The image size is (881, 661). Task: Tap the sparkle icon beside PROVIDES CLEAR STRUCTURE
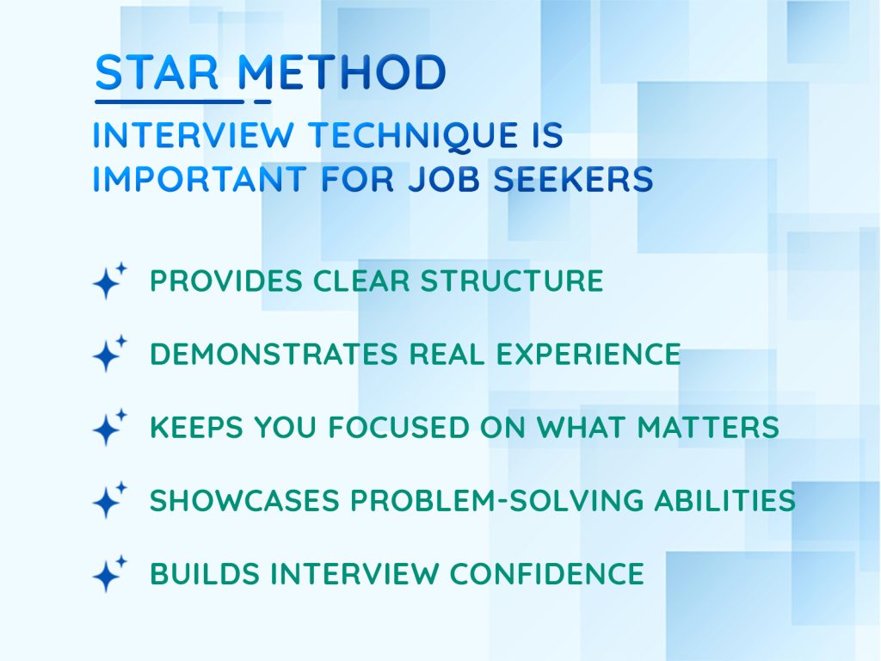[x=108, y=281]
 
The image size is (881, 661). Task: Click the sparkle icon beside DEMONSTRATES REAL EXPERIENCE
[x=108, y=354]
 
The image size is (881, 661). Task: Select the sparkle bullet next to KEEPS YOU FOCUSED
[x=108, y=427]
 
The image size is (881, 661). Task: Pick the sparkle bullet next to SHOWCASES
[x=108, y=500]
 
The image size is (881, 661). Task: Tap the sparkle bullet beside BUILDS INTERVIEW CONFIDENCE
[x=108, y=573]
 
